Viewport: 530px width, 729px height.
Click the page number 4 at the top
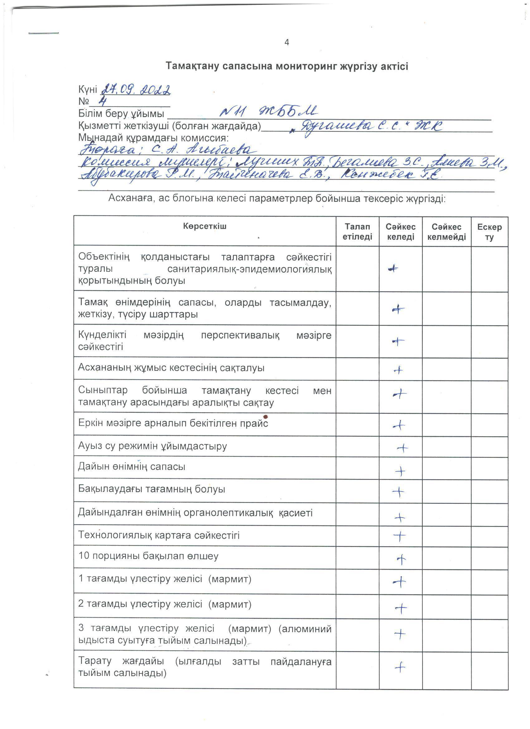point(287,42)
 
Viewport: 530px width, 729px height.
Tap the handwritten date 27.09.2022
point(136,90)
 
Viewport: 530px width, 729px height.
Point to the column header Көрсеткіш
point(205,226)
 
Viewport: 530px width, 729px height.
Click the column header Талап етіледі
point(357,232)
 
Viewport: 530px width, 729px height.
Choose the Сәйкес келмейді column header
point(446,232)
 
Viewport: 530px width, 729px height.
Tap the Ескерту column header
point(489,232)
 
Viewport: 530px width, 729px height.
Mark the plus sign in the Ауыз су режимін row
point(402,448)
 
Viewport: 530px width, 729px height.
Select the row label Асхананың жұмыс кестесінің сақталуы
point(171,368)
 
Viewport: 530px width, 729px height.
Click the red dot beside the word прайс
point(266,417)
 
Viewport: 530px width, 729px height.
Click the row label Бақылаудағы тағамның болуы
point(152,489)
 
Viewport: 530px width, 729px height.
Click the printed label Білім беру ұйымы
point(121,114)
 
